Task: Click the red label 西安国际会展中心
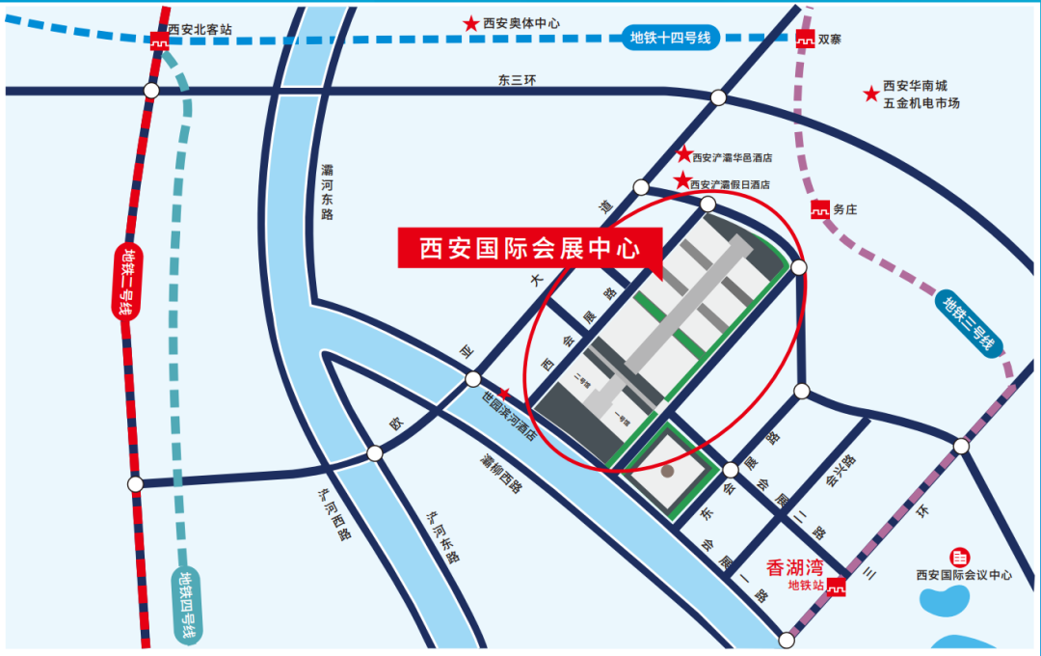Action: click(530, 248)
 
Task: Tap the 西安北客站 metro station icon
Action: click(157, 40)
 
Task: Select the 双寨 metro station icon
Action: click(804, 40)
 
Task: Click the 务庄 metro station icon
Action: click(819, 207)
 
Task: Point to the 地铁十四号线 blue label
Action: click(669, 38)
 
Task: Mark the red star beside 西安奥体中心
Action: click(470, 23)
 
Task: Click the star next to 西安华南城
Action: click(870, 94)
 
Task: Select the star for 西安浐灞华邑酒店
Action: click(683, 154)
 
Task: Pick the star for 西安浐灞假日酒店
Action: click(682, 180)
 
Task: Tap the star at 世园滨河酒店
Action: click(503, 394)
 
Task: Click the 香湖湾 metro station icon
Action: click(837, 586)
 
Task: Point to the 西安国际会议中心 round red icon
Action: click(960, 558)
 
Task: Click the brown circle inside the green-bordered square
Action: click(668, 473)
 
